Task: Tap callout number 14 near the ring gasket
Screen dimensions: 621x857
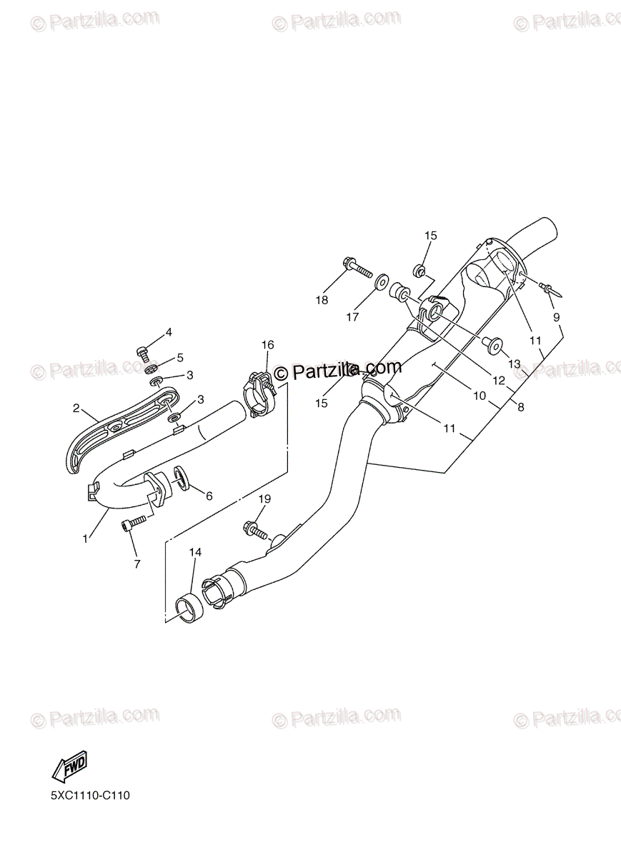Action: point(195,552)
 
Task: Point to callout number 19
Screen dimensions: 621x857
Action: point(265,499)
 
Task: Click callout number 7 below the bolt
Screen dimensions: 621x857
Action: point(136,563)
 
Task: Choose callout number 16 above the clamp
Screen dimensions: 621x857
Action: point(267,345)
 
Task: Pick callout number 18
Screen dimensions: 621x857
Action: point(322,300)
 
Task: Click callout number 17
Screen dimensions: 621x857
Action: point(352,317)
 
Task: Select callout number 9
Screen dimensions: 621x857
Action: point(556,316)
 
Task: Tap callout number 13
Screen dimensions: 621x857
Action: point(515,364)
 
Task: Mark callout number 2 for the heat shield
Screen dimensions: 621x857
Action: point(76,409)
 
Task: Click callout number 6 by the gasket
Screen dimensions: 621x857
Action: point(209,496)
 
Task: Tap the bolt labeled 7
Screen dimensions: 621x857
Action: point(133,526)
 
